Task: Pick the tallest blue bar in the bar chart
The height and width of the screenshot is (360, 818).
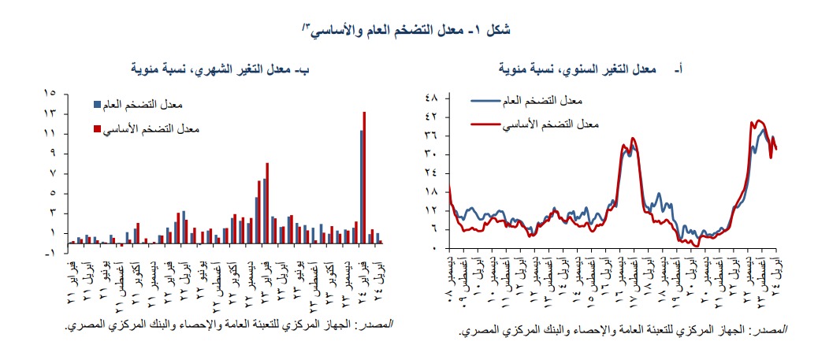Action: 361,187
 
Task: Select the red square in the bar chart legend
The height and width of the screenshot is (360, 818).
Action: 97,129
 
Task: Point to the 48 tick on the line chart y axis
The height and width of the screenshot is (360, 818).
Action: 432,98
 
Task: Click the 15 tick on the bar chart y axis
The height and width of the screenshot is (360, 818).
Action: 50,94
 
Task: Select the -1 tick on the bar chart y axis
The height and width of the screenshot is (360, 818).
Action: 50,253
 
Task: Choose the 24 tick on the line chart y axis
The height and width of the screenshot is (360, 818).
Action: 432,173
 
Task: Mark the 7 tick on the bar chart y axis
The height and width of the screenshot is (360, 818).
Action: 50,173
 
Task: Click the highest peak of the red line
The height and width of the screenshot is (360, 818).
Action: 758,121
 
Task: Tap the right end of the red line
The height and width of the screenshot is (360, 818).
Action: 777,148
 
